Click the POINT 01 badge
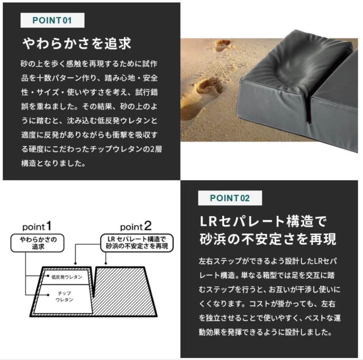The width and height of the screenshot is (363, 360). (x=52, y=20)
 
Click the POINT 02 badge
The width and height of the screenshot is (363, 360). (x=230, y=198)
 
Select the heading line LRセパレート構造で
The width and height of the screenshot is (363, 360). (x=263, y=222)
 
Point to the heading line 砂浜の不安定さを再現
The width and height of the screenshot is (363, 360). (x=268, y=239)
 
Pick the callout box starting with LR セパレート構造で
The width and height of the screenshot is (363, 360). (x=138, y=243)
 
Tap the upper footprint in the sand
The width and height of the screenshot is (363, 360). (x=223, y=45)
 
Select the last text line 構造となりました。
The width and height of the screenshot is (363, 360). (x=53, y=163)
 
